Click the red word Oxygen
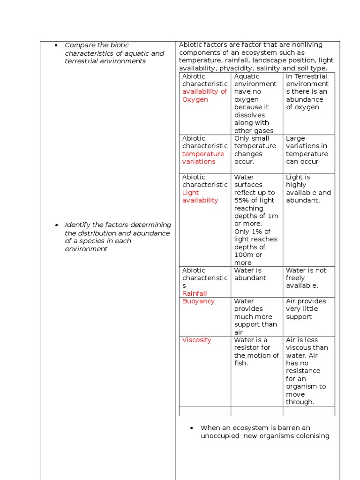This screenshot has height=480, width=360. pyautogui.click(x=195, y=99)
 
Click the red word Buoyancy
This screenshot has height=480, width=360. pyautogui.click(x=198, y=301)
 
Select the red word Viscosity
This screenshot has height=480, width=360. pyautogui.click(x=196, y=340)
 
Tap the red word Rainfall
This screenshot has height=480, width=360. pyautogui.click(x=194, y=293)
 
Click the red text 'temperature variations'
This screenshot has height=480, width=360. pyautogui.click(x=203, y=157)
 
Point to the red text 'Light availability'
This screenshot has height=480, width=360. pyautogui.click(x=200, y=196)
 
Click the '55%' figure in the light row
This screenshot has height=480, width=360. pyautogui.click(x=242, y=201)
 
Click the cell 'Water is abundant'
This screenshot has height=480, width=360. pyautogui.click(x=250, y=274)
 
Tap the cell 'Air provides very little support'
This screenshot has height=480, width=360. pyautogui.click(x=306, y=309)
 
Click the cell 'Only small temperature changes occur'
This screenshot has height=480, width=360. pyautogui.click(x=255, y=150)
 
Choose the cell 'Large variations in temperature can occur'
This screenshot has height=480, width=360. pyautogui.click(x=307, y=150)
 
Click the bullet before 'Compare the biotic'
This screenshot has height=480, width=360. pyautogui.click(x=56, y=45)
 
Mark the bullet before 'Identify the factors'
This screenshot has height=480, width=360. pyautogui.click(x=56, y=225)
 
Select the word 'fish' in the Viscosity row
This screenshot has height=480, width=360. pyautogui.click(x=240, y=363)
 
